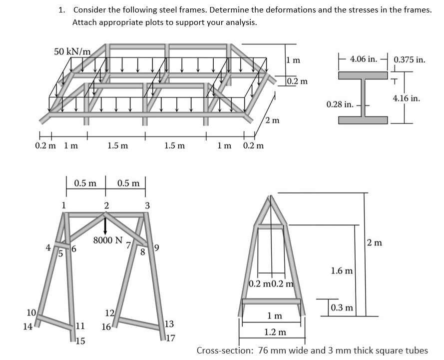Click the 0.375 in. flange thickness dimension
[410, 59]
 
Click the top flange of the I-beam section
[363, 75]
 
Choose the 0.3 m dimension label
[342, 307]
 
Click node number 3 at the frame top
[146, 204]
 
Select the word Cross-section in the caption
[223, 350]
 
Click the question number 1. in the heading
[62, 10]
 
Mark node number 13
[169, 324]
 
